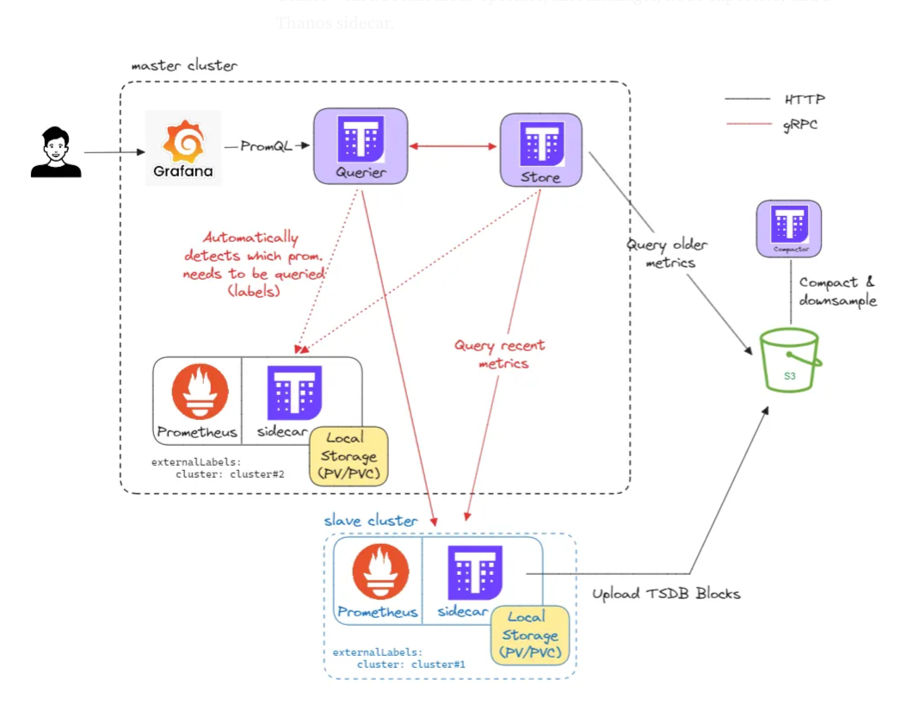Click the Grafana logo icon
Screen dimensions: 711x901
coord(183,140)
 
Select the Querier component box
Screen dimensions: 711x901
coord(361,146)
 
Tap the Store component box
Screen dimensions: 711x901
coord(540,149)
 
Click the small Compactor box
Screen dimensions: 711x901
coord(788,228)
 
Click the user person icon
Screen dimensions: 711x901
coord(56,152)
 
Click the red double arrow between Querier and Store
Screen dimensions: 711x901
coord(454,147)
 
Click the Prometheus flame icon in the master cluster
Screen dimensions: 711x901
coord(200,392)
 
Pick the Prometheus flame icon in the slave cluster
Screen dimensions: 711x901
coord(380,572)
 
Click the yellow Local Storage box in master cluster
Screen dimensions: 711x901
coord(350,455)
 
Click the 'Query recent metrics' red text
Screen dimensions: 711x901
coord(499,355)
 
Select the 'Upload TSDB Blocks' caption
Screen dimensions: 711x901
coord(666,594)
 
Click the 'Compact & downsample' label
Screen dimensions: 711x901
coord(836,291)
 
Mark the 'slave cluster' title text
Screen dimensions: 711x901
coord(370,521)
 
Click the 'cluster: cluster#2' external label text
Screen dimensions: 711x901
coord(230,473)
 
